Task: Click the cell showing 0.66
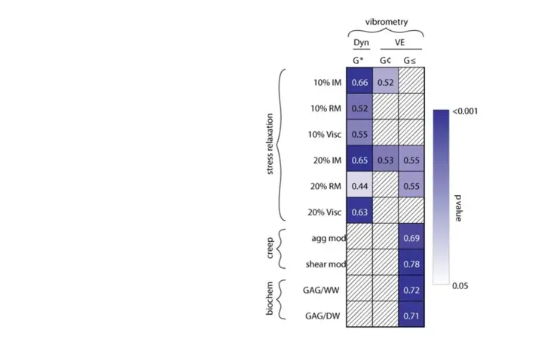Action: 359,82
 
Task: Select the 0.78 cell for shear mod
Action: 411,264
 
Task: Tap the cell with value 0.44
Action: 359,186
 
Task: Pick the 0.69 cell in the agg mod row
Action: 411,238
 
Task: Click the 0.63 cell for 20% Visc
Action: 359,212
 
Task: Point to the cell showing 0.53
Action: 385,160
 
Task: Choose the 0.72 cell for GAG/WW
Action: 411,290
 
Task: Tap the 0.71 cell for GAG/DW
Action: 411,316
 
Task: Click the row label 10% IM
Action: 325,82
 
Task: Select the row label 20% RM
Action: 323,186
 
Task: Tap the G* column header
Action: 359,58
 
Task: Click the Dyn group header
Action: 359,44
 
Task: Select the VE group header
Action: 399,44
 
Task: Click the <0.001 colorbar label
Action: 465,111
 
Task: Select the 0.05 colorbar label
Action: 460,286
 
